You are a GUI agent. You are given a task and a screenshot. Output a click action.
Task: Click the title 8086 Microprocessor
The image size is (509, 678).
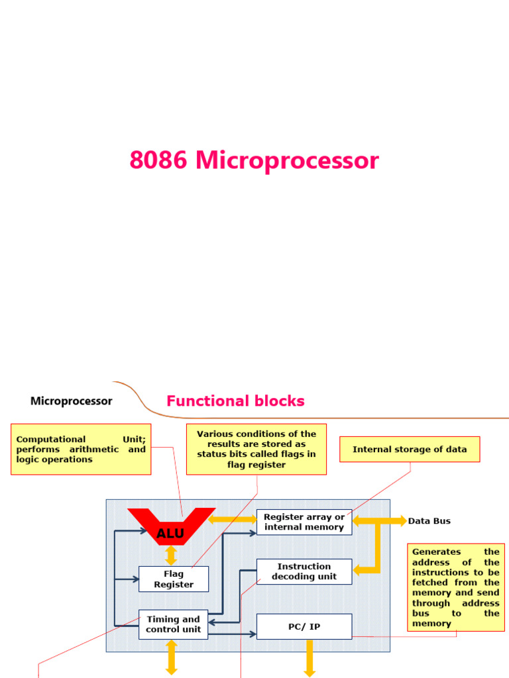[x=254, y=161]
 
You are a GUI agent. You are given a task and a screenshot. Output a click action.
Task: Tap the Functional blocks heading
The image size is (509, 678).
[x=235, y=401]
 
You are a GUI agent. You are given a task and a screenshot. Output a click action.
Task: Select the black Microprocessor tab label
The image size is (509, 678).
[x=72, y=401]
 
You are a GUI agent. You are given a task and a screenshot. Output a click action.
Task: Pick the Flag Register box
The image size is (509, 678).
[x=174, y=579]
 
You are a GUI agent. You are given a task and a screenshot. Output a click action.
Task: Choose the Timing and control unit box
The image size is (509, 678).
[x=173, y=624]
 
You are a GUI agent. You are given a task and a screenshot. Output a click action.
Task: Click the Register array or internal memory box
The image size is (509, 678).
[x=304, y=522]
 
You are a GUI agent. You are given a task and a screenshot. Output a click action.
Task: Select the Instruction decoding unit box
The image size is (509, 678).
[x=304, y=571]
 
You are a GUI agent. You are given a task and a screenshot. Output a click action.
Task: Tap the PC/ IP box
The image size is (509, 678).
[x=304, y=626]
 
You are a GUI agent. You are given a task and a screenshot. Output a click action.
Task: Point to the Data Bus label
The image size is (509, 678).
[x=429, y=521]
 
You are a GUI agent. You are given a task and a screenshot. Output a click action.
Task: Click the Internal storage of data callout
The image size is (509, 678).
[x=410, y=449]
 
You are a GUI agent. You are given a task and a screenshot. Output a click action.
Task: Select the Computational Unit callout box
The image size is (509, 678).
[x=81, y=449]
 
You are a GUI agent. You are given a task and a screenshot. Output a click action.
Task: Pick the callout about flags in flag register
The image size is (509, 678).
[x=256, y=450]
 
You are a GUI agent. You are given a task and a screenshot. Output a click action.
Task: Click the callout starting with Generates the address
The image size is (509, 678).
[x=455, y=587]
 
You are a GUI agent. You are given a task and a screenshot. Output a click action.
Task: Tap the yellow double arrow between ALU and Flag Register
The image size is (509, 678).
[x=171, y=555]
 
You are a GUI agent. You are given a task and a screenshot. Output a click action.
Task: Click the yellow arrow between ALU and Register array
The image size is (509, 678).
[x=233, y=519]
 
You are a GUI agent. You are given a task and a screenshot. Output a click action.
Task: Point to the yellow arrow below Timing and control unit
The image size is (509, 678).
[x=172, y=657]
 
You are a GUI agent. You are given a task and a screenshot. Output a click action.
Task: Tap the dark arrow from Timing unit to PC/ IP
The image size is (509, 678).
[x=232, y=634]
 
